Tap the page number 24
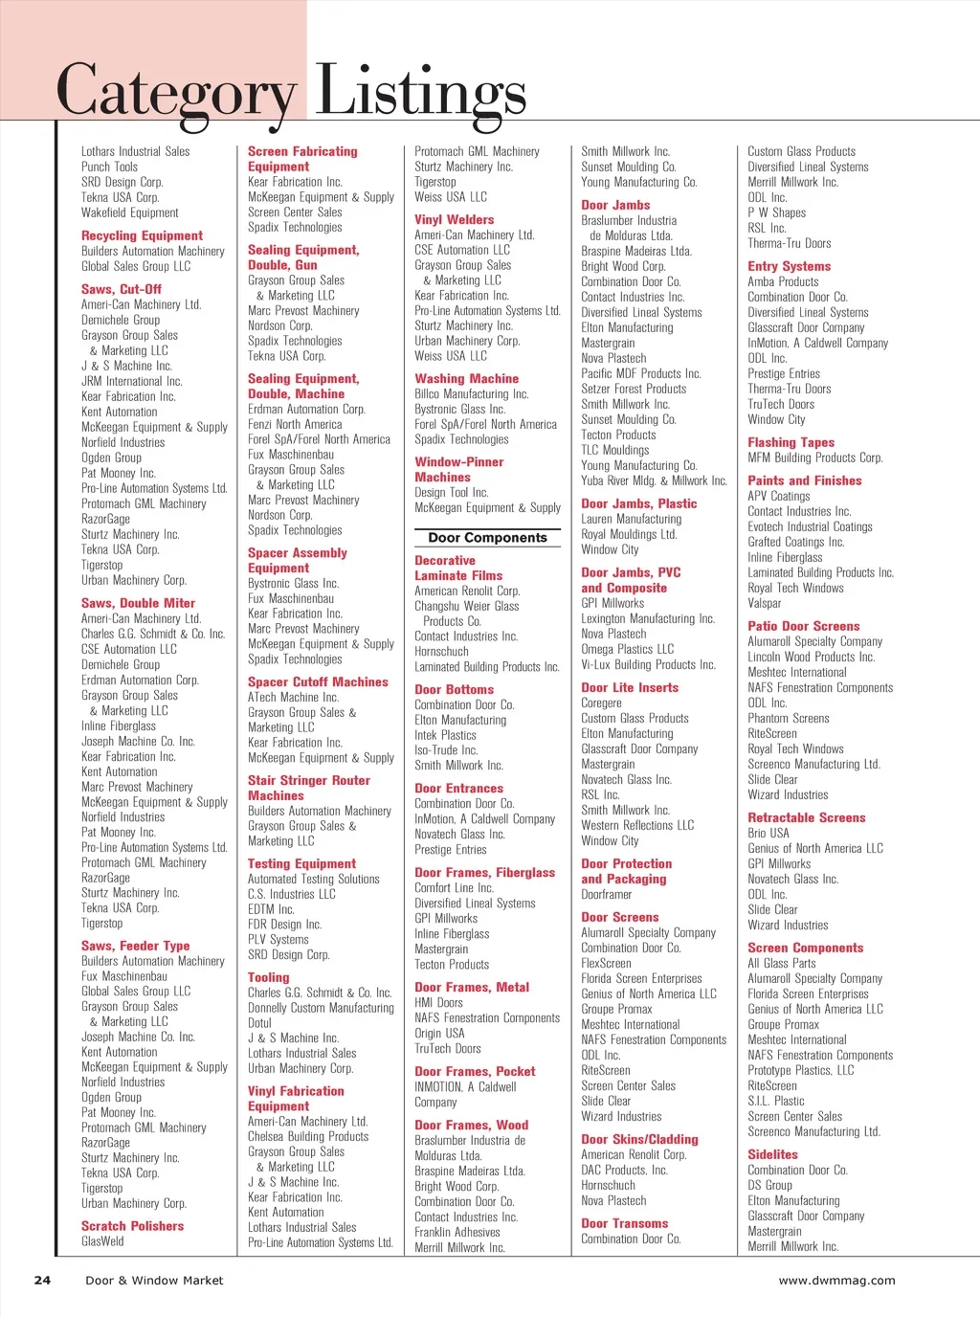[x=42, y=1280]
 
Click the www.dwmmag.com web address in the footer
[x=836, y=1280]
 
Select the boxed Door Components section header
[x=487, y=538]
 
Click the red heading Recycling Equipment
[x=142, y=235]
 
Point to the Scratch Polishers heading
[x=132, y=1226]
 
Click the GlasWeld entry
[x=102, y=1241]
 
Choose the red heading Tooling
[x=268, y=977]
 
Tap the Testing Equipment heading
[x=301, y=863]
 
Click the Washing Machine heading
[x=466, y=379]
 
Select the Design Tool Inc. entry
[x=451, y=492]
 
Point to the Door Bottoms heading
[x=454, y=689]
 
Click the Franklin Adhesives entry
[x=457, y=1232]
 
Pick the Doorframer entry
[x=606, y=894]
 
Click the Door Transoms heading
[x=624, y=1223]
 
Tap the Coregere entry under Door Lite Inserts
[x=601, y=703]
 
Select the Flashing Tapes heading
[x=791, y=442]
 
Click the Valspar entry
[x=764, y=603]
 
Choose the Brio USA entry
[x=768, y=833]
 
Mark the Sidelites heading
[x=772, y=1154]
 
